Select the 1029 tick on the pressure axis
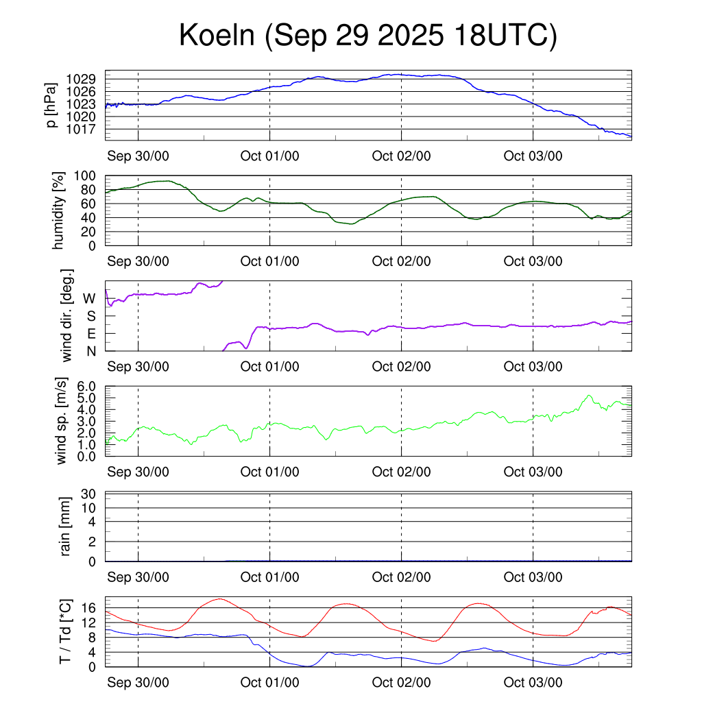[x=86, y=79]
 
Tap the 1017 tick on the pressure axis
[x=86, y=129]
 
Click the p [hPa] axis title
[x=53, y=105]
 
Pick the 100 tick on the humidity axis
[x=88, y=175]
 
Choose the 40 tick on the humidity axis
[x=91, y=217]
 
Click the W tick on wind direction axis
[x=90, y=298]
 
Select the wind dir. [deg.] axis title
[x=66, y=316]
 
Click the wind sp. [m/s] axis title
[x=62, y=422]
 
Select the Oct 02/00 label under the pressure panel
[x=401, y=156]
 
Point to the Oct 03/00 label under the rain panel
[x=533, y=577]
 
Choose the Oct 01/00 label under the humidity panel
[x=269, y=261]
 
